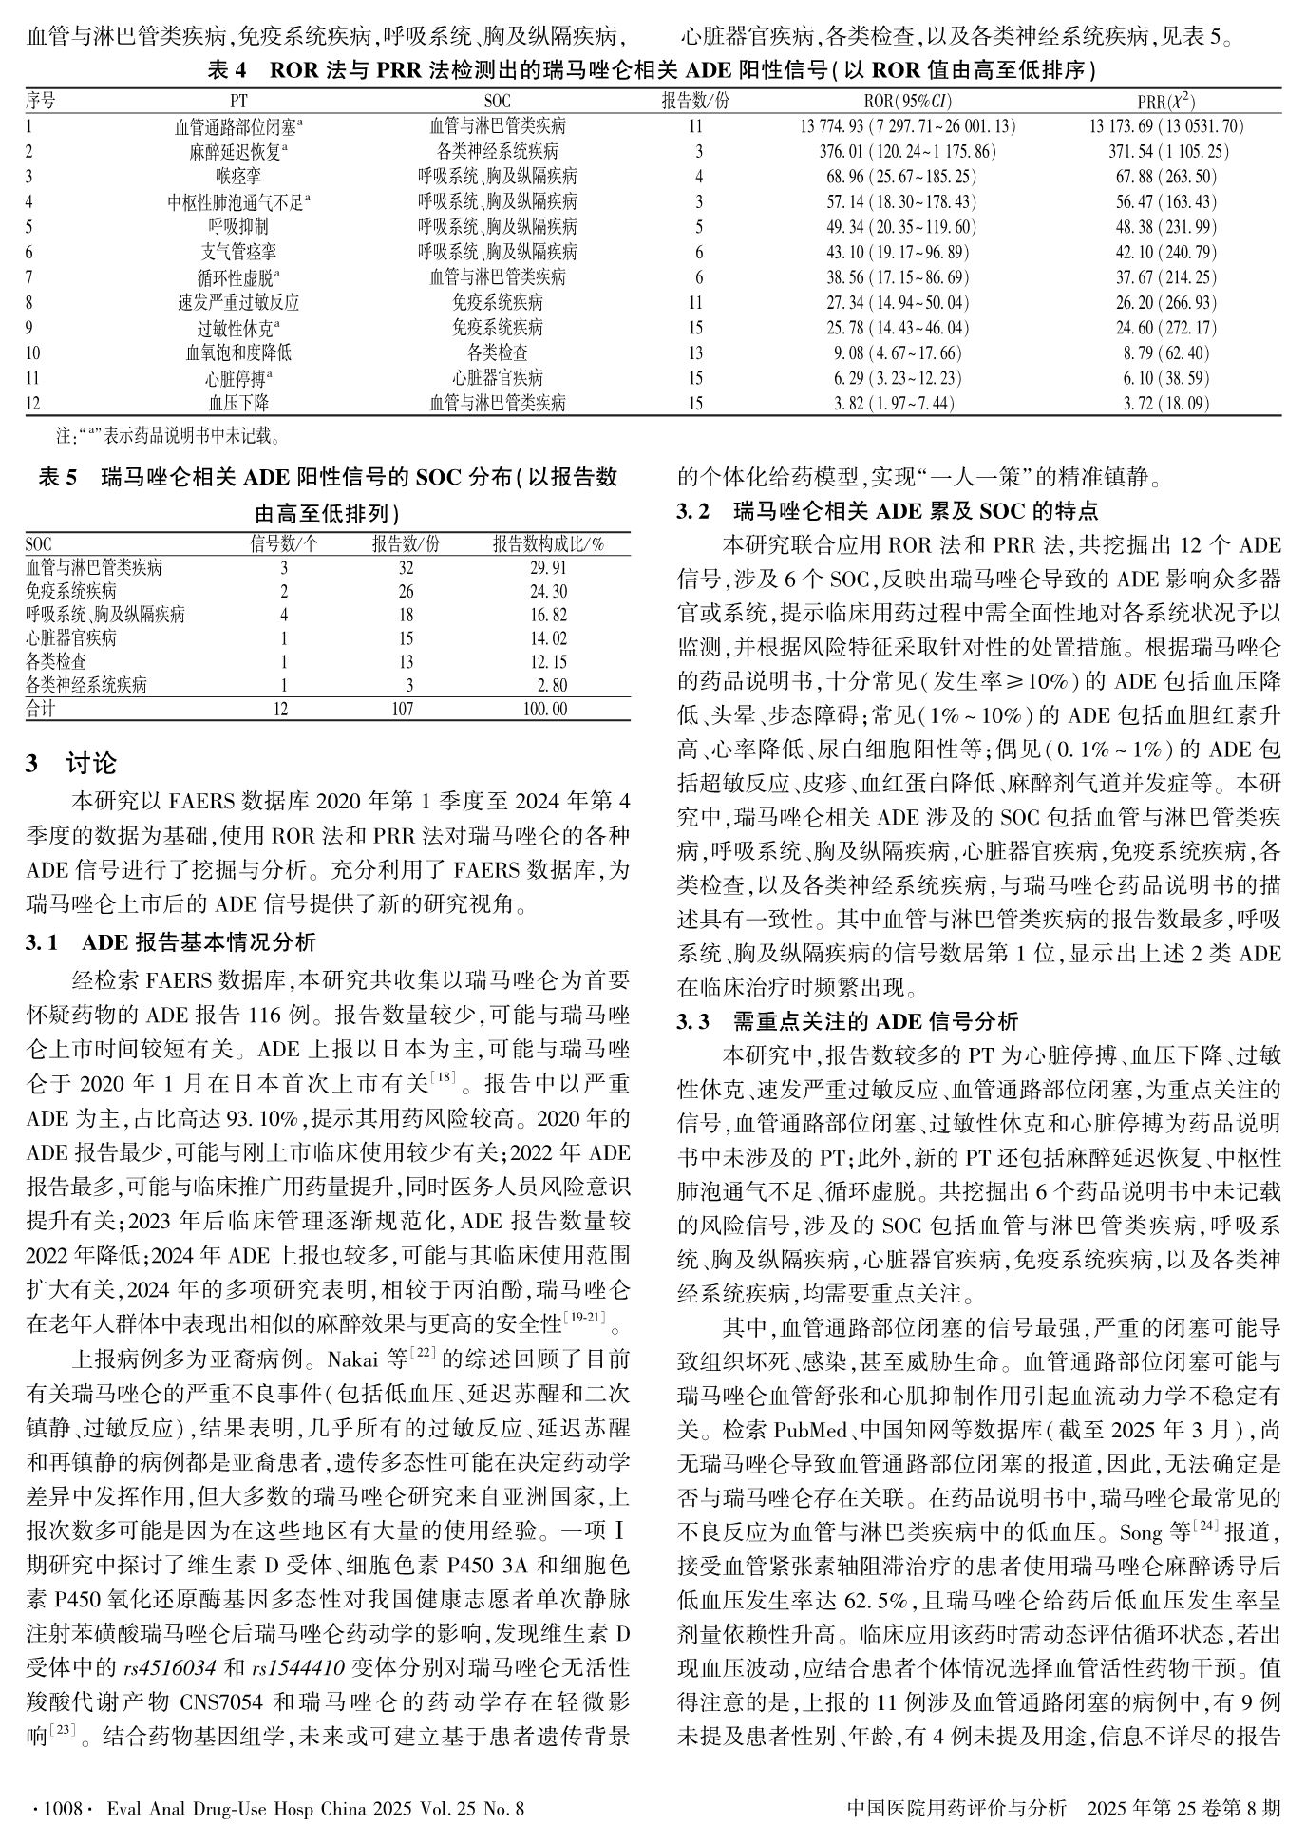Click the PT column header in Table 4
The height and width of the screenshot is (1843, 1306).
pos(238,102)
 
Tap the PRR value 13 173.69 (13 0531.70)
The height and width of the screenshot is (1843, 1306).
pos(1166,126)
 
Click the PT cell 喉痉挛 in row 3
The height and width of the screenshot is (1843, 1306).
pos(238,177)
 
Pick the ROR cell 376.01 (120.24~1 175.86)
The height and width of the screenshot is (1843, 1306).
pos(907,152)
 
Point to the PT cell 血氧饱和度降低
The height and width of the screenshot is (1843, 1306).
pos(238,353)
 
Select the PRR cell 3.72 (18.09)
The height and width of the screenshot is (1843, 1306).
pos(1166,404)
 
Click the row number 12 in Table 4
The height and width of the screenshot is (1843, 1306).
pos(34,404)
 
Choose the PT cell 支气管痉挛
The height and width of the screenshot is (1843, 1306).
pos(238,253)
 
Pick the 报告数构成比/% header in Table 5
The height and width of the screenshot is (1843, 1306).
pos(548,544)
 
